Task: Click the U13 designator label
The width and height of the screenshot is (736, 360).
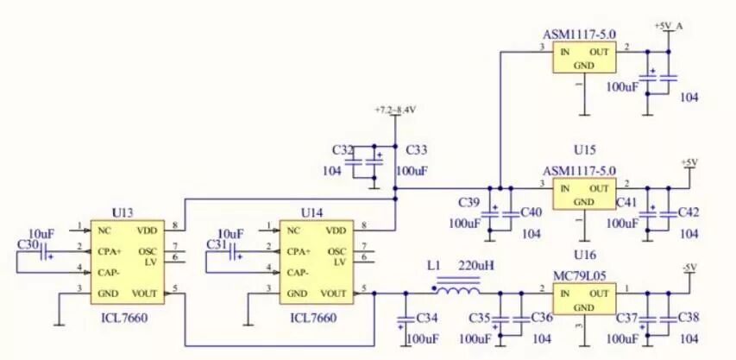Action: coord(123,212)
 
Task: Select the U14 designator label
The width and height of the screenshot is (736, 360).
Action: coord(311,212)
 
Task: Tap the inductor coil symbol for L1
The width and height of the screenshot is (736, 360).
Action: coord(456,286)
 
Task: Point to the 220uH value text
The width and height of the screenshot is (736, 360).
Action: coord(476,265)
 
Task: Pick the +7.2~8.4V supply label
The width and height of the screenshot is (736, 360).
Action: coord(395,111)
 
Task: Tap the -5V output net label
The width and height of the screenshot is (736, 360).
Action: coord(689,268)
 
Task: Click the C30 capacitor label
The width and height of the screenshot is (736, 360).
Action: coord(28,245)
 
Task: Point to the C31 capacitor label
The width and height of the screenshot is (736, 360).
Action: coord(217,245)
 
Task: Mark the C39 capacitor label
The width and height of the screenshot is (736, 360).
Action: coord(469,203)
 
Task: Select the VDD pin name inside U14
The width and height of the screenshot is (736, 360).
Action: coord(336,231)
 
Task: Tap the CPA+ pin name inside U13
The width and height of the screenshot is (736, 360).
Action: coord(110,251)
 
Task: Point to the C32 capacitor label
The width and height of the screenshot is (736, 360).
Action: coord(343,150)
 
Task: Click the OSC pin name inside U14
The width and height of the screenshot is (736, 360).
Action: coord(337,251)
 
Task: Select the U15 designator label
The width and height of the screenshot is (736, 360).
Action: coord(584,149)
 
